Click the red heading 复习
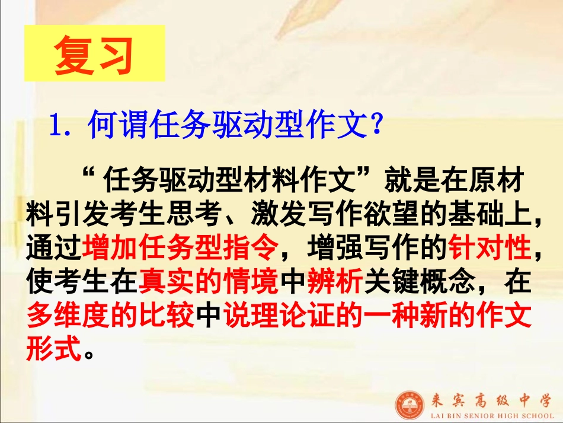[x=94, y=57]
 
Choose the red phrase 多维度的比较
[x=111, y=317]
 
